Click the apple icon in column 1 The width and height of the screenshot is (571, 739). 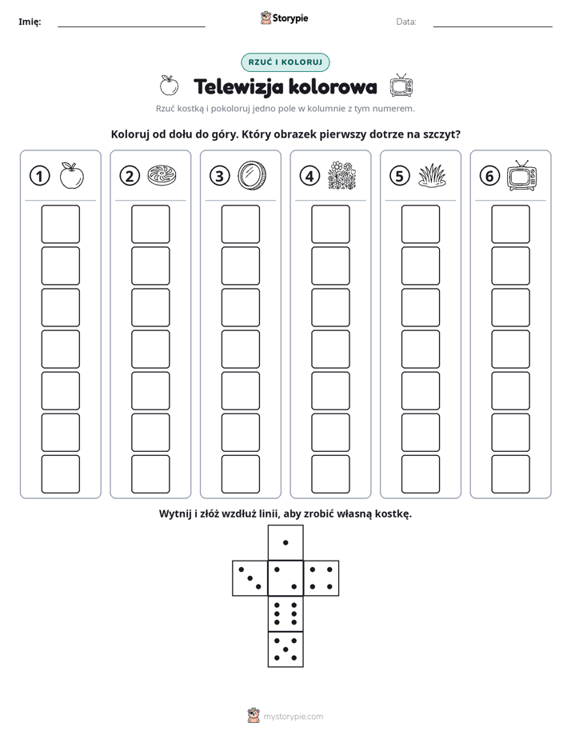point(72,176)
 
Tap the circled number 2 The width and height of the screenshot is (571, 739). point(130,176)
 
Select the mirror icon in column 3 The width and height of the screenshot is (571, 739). point(252,175)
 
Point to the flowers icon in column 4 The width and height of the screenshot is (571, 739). point(341,176)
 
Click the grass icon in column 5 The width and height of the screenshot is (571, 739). point(432,176)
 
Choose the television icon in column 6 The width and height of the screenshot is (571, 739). point(522,175)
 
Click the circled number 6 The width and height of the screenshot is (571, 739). point(489,176)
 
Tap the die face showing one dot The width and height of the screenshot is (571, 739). point(285,542)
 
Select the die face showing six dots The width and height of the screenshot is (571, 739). point(285,613)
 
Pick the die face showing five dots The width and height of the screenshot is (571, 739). point(285,649)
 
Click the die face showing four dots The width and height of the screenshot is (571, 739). point(321,578)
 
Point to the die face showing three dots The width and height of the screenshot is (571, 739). point(250,578)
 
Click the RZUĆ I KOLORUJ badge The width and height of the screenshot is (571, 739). point(285,62)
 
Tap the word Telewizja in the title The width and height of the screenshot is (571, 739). point(239,86)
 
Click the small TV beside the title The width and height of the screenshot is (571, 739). point(401,86)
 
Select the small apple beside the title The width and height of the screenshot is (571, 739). point(169,86)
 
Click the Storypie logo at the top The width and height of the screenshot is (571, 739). point(285,18)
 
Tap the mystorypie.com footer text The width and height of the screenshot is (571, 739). point(293,717)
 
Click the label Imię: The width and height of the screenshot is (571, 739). point(30,22)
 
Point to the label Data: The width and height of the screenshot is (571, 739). point(406,22)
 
